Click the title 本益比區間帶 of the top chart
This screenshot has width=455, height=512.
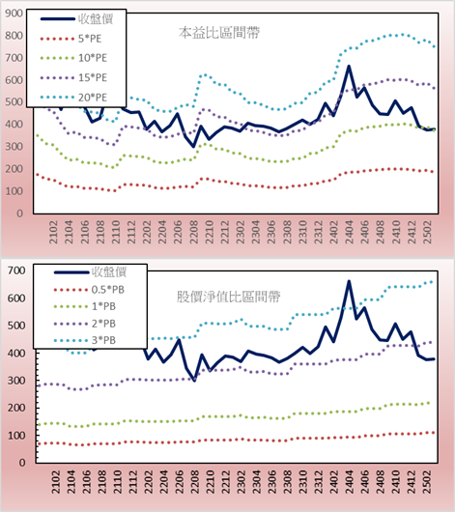click(x=219, y=33)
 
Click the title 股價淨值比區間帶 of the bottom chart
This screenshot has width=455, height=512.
click(x=228, y=297)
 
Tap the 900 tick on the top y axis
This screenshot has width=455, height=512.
click(x=14, y=14)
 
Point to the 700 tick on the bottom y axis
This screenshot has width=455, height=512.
click(x=16, y=270)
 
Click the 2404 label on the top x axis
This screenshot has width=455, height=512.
click(x=349, y=232)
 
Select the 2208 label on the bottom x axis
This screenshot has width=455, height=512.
click(x=195, y=482)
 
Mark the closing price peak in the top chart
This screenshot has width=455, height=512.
click(x=349, y=66)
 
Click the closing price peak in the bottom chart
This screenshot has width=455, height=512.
click(x=349, y=281)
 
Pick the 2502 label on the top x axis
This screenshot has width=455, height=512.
click(x=427, y=232)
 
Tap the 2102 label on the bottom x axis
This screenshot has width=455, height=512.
click(x=55, y=482)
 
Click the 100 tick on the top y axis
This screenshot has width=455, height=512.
click(x=14, y=191)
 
